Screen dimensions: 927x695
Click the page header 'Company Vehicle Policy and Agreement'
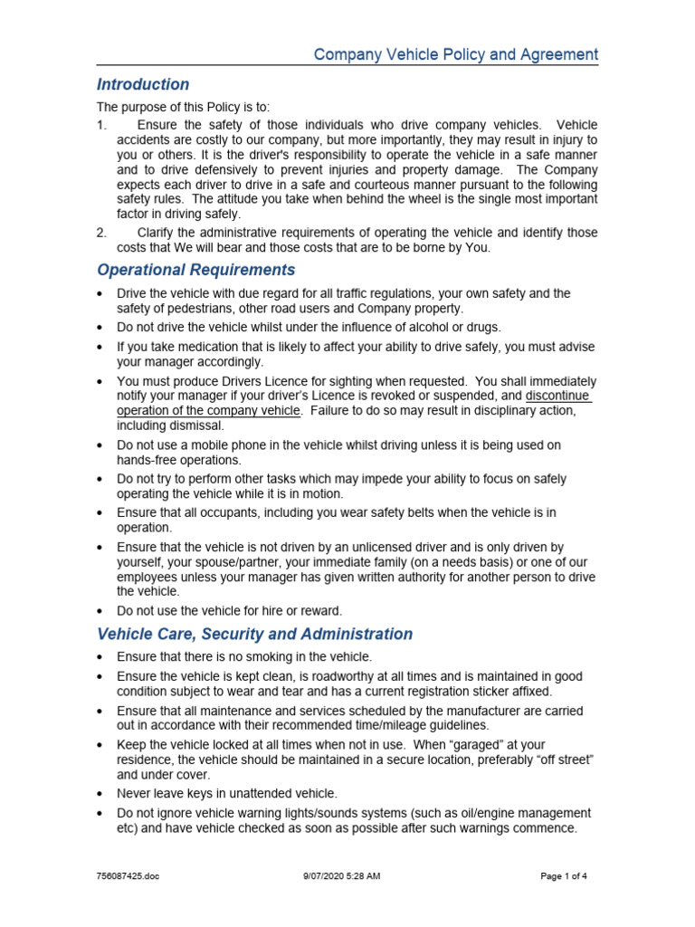455,54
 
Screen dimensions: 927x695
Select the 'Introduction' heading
143,85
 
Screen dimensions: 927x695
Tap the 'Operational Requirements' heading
195,270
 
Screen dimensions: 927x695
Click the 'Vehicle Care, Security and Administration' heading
254,634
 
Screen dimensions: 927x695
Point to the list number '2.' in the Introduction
102,233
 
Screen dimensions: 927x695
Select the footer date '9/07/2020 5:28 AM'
341,876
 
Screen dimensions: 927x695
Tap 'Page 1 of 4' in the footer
563,876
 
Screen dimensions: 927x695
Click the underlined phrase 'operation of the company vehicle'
208,410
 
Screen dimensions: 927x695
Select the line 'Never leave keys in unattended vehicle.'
226,793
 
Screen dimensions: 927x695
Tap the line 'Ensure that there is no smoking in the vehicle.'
244,657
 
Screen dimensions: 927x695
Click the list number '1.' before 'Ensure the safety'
102,125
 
